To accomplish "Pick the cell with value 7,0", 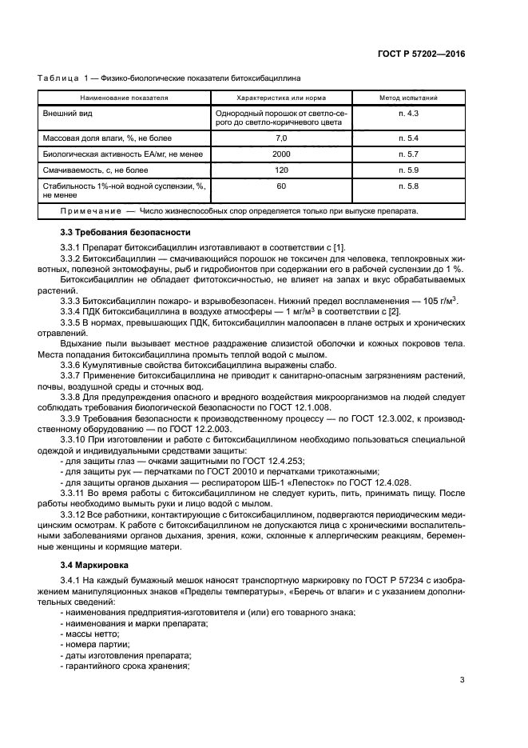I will [280, 138].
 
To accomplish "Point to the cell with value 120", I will [280, 170].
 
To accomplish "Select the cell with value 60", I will [280, 186].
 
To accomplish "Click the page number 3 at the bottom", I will [462, 681].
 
